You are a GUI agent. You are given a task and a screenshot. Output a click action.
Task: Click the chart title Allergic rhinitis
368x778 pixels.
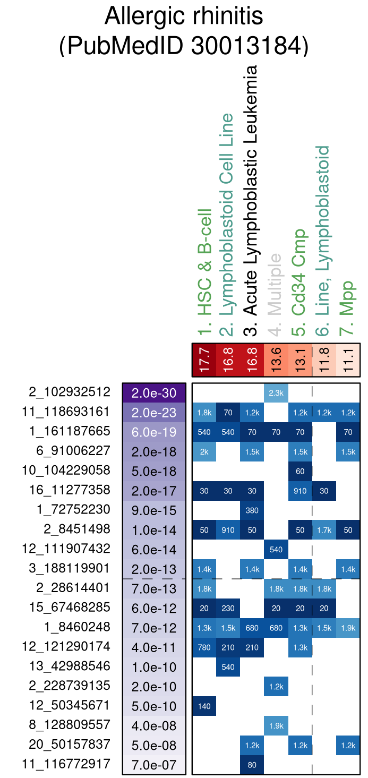pyautogui.click(x=184, y=17)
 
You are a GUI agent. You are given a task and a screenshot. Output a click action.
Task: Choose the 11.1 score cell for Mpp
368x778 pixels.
pyautogui.click(x=348, y=360)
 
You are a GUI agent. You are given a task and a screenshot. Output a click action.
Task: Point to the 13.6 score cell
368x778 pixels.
pyautogui.click(x=276, y=360)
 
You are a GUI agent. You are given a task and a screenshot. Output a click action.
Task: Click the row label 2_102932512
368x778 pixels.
pyautogui.click(x=70, y=392)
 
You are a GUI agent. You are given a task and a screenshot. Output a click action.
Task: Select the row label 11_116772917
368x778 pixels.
pyautogui.click(x=66, y=764)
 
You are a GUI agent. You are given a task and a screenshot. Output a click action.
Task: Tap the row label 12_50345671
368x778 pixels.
pyautogui.click(x=69, y=706)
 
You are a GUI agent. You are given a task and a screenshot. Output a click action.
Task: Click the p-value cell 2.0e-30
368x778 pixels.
pyautogui.click(x=154, y=393)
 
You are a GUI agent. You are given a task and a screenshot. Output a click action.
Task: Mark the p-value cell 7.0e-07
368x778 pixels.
pyautogui.click(x=154, y=765)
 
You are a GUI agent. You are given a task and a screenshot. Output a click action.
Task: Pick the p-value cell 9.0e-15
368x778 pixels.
pyautogui.click(x=154, y=510)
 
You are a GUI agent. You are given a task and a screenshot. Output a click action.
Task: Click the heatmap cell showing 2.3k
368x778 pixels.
pyautogui.click(x=276, y=393)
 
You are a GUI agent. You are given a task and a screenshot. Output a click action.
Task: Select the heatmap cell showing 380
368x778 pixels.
pyautogui.click(x=252, y=510)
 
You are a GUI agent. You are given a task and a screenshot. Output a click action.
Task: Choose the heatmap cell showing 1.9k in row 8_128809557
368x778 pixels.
pyautogui.click(x=276, y=725)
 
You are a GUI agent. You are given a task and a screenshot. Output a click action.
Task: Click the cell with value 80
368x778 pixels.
pyautogui.click(x=252, y=765)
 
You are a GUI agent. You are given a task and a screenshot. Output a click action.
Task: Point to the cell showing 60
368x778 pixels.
pyautogui.click(x=300, y=471)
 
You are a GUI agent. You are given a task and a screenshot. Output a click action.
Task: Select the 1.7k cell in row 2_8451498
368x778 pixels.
pyautogui.click(x=324, y=530)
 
